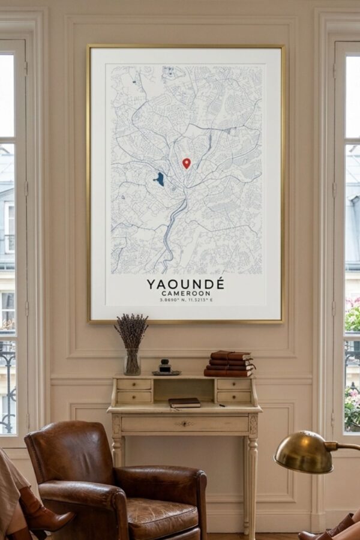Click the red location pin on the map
[187, 163]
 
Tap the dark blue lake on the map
[160, 179]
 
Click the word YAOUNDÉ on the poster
[185, 283]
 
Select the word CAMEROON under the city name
[186, 293]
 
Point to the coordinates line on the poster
[186, 300]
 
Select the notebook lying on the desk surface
[184, 403]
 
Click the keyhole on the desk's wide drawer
[184, 424]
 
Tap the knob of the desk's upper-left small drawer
[134, 385]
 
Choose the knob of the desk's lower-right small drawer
[234, 397]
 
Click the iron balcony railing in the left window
[8, 384]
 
